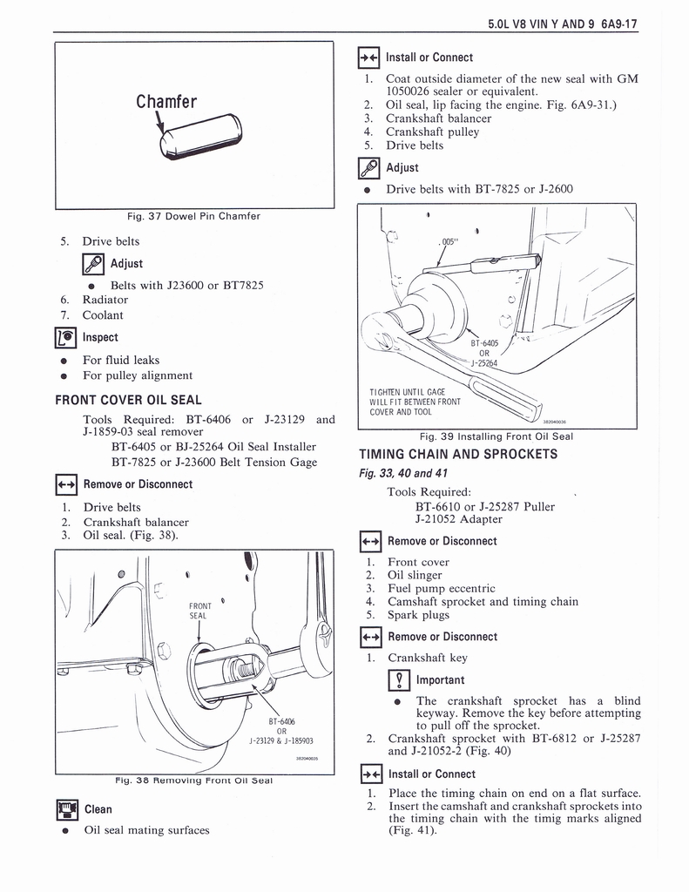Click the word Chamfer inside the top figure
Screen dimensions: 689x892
coord(166,102)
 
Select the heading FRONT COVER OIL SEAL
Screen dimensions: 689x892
coord(128,400)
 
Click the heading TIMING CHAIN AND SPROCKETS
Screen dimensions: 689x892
coord(458,454)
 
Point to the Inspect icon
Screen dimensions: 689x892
coord(66,337)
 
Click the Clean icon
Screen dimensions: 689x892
coord(67,809)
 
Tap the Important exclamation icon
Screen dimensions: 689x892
coord(399,680)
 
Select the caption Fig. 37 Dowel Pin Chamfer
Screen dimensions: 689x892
coord(193,216)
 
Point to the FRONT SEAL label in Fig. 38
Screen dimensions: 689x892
coord(199,611)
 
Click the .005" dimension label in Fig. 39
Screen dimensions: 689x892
coord(449,242)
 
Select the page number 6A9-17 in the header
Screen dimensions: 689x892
coord(618,24)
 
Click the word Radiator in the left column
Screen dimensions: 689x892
coord(105,300)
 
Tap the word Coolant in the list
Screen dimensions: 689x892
coord(103,315)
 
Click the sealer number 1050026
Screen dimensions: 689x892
coord(408,91)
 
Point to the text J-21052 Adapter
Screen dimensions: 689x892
coord(458,519)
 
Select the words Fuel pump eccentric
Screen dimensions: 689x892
coord(442,588)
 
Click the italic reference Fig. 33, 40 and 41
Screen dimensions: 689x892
coord(403,473)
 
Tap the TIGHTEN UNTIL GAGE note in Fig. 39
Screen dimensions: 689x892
coord(415,402)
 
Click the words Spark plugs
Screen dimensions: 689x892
coord(418,615)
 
